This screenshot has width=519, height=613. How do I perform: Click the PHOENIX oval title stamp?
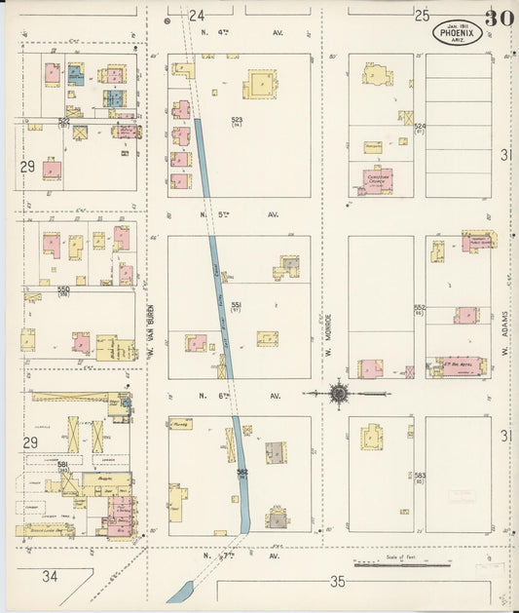458,32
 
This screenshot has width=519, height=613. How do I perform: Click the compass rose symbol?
339,394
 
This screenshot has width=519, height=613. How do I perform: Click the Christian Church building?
375,180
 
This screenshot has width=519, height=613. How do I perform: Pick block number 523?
236,121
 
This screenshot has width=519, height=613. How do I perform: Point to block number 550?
64,289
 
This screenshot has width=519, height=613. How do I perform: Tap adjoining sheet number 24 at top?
198,15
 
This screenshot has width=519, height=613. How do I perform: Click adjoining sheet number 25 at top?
422,15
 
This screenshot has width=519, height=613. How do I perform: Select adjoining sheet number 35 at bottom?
338,582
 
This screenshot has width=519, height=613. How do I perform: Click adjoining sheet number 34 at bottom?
50,576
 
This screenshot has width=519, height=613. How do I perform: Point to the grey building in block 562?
277,453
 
